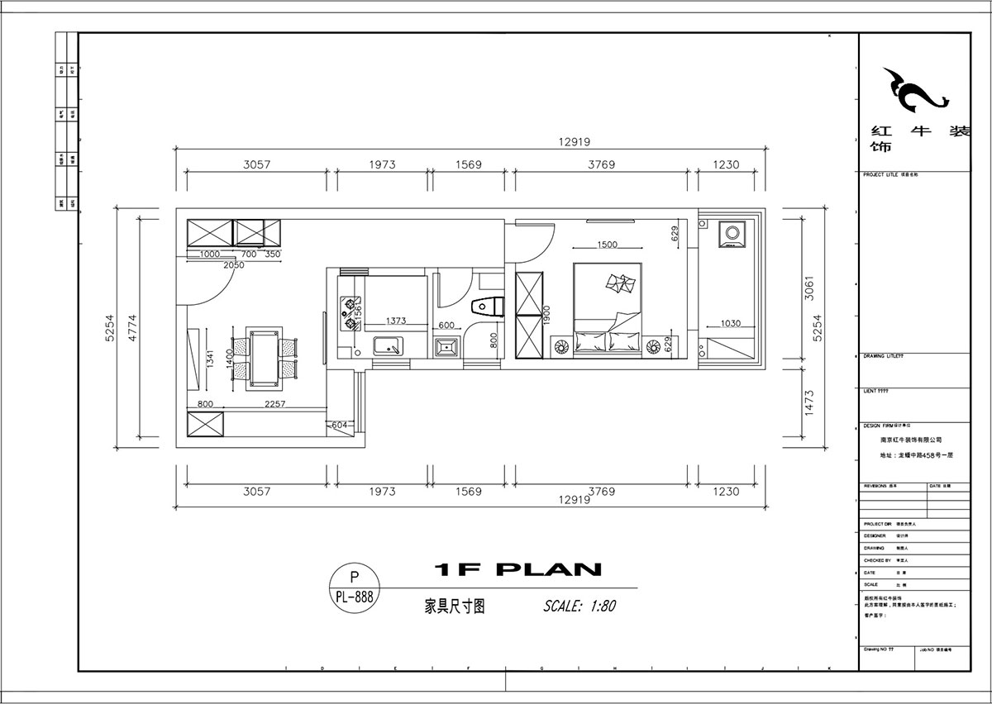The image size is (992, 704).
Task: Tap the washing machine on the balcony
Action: tap(731, 234)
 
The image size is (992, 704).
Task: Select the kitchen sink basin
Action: tap(387, 346)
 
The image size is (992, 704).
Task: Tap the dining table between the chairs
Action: tap(265, 359)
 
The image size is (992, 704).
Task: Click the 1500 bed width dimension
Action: tap(607, 245)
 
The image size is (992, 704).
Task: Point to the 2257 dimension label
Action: tap(274, 404)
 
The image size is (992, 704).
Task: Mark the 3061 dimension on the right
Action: tap(809, 288)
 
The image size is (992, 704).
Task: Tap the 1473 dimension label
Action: tap(809, 402)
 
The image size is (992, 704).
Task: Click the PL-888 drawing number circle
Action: tap(355, 587)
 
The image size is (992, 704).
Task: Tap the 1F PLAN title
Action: tap(517, 569)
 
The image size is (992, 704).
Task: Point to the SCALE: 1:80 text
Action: tap(579, 606)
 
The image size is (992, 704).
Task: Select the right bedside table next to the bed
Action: tap(659, 343)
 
